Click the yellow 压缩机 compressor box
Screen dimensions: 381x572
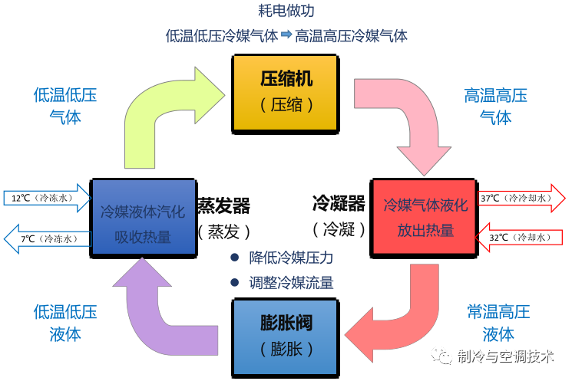pos(286,90)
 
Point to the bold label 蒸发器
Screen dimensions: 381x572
pos(223,205)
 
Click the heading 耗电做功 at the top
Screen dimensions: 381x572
pos(286,11)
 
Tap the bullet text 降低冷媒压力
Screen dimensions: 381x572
pos(291,258)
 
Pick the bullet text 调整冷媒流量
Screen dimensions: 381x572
pos(291,282)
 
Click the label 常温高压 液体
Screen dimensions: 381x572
pos(498,323)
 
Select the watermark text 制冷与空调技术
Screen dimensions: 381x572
pos(504,356)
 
